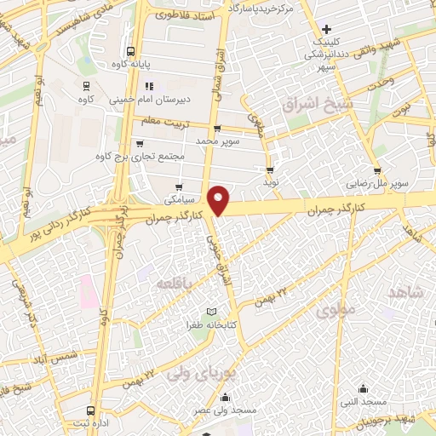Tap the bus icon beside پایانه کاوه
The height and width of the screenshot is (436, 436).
click(129, 49)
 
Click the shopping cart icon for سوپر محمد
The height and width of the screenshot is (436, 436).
click(217, 129)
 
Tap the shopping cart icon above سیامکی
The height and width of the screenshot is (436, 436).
click(178, 187)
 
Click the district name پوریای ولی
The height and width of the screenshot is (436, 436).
click(191, 372)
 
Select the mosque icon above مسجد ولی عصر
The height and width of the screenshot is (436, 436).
click(225, 397)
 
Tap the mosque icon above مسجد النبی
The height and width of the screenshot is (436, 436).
click(364, 388)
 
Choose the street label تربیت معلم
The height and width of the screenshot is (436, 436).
click(162, 122)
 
